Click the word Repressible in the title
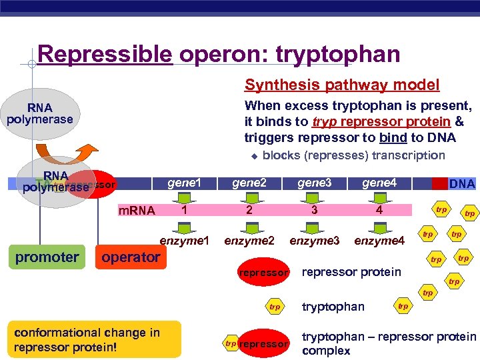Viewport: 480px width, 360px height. (x=105, y=54)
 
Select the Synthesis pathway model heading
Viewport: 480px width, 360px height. (x=342, y=85)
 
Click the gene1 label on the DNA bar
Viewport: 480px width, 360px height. (x=184, y=183)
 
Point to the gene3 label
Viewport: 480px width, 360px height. (x=314, y=183)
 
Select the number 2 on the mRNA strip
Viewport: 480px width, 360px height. (x=249, y=210)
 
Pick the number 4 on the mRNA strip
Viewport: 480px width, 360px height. (x=379, y=210)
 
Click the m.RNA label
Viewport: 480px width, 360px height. (x=136, y=211)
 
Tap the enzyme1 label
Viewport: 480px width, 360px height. (x=185, y=239)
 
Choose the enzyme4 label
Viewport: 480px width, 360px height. (x=379, y=240)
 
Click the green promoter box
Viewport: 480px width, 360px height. (x=47, y=257)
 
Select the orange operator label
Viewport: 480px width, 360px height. (x=131, y=257)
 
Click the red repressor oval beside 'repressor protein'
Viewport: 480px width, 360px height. (x=264, y=273)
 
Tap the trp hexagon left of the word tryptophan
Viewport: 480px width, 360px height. (x=274, y=307)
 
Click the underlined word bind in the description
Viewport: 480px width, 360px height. (x=392, y=138)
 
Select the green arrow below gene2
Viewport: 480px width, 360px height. (x=249, y=197)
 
